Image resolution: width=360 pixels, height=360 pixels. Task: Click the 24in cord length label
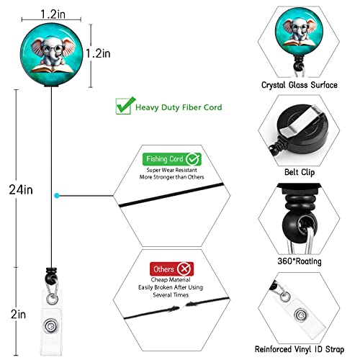click(x=21, y=189)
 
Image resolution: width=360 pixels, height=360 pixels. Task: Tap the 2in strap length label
click(x=18, y=314)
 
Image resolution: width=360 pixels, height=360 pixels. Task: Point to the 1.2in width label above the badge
click(x=53, y=14)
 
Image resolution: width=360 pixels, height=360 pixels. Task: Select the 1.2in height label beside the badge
click(x=98, y=53)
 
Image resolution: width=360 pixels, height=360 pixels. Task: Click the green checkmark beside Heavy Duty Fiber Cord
click(x=125, y=106)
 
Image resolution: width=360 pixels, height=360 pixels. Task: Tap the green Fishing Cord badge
click(x=172, y=159)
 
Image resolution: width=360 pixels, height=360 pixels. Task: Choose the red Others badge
click(x=171, y=269)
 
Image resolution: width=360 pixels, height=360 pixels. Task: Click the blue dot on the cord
click(x=57, y=196)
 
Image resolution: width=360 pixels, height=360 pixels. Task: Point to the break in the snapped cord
click(x=182, y=306)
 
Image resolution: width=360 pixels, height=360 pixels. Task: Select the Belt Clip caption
click(x=300, y=172)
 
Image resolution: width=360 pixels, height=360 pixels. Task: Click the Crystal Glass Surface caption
click(x=300, y=85)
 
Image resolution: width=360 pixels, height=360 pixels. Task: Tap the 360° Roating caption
click(x=300, y=261)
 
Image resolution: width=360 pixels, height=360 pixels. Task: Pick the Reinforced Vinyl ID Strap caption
click(x=300, y=349)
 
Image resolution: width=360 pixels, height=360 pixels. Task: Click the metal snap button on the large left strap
click(x=50, y=326)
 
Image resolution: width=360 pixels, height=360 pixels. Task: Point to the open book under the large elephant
click(x=52, y=68)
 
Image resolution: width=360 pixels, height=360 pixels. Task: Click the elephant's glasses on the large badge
click(x=52, y=49)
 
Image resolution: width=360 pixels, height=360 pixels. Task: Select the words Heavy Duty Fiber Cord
click(x=179, y=107)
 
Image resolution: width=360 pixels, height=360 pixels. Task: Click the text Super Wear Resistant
click(x=172, y=170)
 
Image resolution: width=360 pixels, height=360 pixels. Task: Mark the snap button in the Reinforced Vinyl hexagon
click(x=300, y=315)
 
